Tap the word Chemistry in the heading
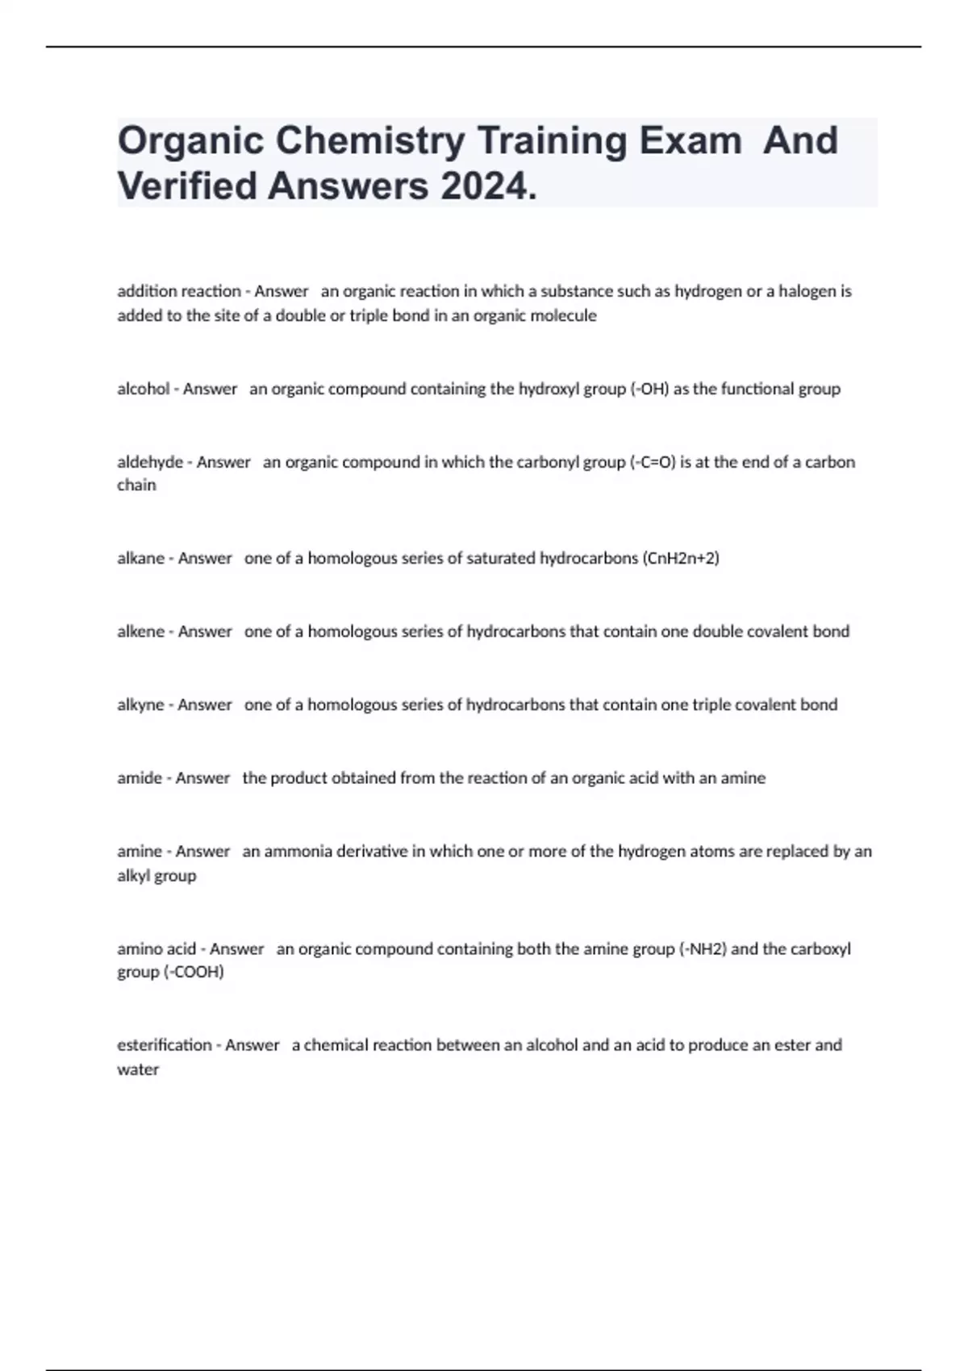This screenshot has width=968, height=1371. (x=370, y=140)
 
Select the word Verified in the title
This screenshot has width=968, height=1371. (x=187, y=186)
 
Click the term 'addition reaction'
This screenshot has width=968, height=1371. (x=179, y=291)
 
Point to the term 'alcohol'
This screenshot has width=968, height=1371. (x=144, y=389)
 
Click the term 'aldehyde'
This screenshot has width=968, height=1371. (x=150, y=462)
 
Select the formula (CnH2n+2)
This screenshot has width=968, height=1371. (x=681, y=558)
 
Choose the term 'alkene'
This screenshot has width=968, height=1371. (x=140, y=631)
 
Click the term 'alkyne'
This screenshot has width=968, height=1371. (x=140, y=705)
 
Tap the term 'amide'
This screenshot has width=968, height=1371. (x=140, y=778)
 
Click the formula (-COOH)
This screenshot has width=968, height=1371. (x=194, y=973)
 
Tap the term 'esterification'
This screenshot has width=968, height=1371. (x=164, y=1045)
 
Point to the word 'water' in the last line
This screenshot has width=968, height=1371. (x=138, y=1070)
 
